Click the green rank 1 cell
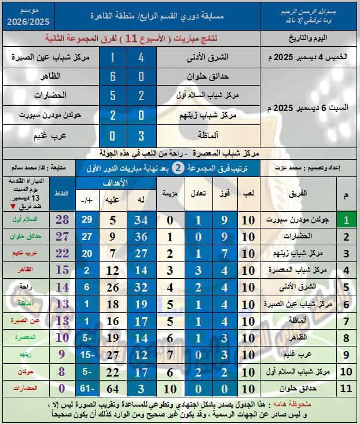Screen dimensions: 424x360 [346, 220]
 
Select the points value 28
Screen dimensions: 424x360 [63, 220]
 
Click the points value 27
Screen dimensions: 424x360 [63, 237]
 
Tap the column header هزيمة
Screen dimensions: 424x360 [170, 192]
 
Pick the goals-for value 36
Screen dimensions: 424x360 [140, 237]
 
